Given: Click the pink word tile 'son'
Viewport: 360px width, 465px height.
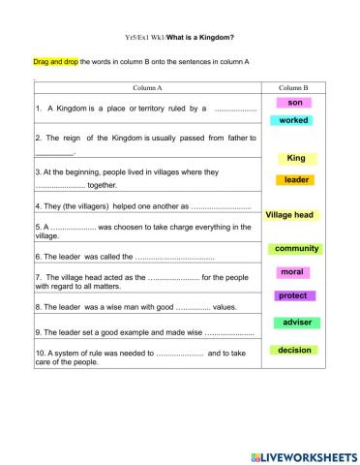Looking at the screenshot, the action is click(x=295, y=102).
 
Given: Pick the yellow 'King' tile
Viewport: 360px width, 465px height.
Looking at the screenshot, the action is click(x=296, y=158).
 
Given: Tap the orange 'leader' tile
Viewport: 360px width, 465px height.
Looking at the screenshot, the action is click(x=296, y=179).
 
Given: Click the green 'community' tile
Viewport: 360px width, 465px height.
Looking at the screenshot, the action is click(x=296, y=249).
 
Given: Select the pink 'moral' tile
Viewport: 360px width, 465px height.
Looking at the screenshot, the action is click(x=291, y=272).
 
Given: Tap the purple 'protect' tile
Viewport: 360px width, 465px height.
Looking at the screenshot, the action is click(x=292, y=295).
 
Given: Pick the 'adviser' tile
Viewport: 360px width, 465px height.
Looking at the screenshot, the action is click(x=296, y=322).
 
